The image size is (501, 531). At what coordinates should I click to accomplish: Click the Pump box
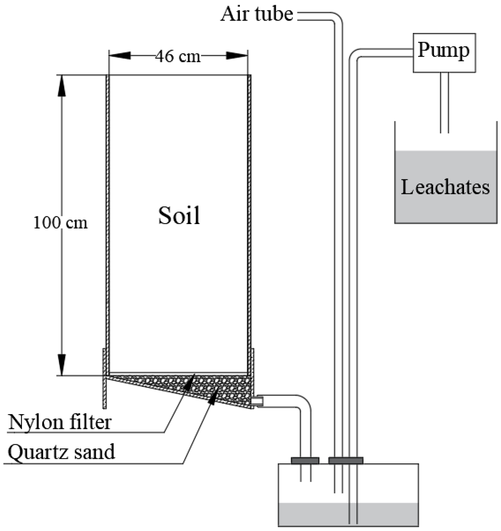[x=444, y=53]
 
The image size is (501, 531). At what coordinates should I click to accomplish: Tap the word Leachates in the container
[x=445, y=187]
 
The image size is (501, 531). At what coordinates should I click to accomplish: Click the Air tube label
[x=257, y=14]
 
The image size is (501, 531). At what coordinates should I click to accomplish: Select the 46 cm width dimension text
[x=178, y=56]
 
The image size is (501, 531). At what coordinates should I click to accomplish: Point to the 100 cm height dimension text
[x=61, y=223]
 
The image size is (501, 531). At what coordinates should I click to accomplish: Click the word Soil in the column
[x=179, y=215]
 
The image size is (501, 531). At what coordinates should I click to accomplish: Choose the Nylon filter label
[x=60, y=422]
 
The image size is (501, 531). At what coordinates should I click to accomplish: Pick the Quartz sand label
[x=61, y=452]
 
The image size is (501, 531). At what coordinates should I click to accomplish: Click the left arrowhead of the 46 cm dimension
[x=120, y=56]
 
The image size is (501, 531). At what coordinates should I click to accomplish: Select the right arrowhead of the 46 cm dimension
[x=237, y=56]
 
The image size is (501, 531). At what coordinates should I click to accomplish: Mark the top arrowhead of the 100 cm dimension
[x=61, y=86]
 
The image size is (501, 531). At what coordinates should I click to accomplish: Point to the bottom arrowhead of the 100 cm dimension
[x=61, y=364]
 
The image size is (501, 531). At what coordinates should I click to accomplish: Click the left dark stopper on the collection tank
[x=305, y=460]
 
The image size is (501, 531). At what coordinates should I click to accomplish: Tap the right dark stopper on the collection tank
[x=346, y=460]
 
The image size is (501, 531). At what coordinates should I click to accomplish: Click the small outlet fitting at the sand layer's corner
[x=257, y=401]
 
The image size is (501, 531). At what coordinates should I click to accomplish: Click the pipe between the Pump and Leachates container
[x=444, y=102]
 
